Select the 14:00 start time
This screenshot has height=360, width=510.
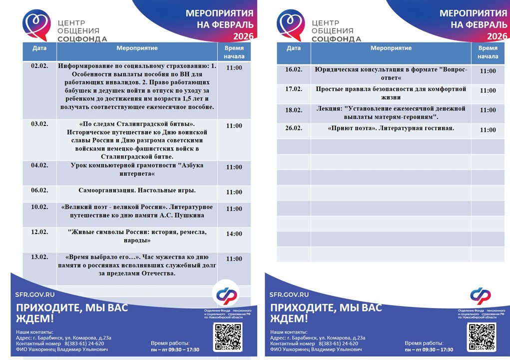point(234,233)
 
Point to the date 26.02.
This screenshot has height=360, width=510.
point(294,128)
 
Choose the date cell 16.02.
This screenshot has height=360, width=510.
point(294,69)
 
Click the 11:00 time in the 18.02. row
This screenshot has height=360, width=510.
point(488,110)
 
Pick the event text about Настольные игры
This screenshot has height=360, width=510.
point(137,190)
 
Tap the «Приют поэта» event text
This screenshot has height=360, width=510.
point(391,128)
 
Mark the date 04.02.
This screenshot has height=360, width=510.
point(39,165)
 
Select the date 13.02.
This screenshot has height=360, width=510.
point(39,257)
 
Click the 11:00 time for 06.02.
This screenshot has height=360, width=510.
point(234,192)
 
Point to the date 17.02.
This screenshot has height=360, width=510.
point(294,89)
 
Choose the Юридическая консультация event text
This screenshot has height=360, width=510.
point(391,74)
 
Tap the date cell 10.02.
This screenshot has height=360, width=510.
point(39,207)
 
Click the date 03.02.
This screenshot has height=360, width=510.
point(39,124)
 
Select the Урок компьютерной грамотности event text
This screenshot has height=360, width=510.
point(137,169)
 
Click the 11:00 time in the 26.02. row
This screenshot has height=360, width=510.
point(488,130)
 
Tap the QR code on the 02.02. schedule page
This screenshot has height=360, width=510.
point(228,336)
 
